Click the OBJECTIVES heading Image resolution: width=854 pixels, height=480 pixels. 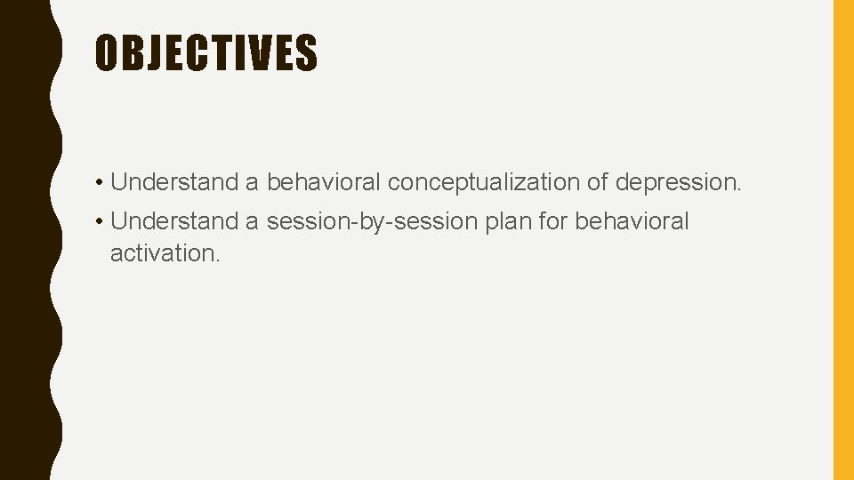205,52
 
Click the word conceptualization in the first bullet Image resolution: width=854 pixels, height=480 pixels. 483,182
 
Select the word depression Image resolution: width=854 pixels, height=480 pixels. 678,182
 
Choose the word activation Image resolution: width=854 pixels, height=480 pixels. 164,252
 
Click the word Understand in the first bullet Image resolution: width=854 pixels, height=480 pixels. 174,182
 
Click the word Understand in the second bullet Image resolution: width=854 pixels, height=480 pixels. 174,220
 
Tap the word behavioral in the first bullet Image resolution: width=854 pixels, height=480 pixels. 324,182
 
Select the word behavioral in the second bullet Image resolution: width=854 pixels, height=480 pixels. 632,220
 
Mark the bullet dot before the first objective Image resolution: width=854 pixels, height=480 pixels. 101,183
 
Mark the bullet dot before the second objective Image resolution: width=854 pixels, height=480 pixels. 101,221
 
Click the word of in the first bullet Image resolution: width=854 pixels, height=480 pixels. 596,182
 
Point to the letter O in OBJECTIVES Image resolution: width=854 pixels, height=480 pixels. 107,52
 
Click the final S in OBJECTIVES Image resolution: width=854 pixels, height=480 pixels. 306,52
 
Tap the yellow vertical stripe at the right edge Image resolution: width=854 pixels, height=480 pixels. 842,240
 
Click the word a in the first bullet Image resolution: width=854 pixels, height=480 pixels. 252,183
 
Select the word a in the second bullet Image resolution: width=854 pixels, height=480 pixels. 252,221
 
